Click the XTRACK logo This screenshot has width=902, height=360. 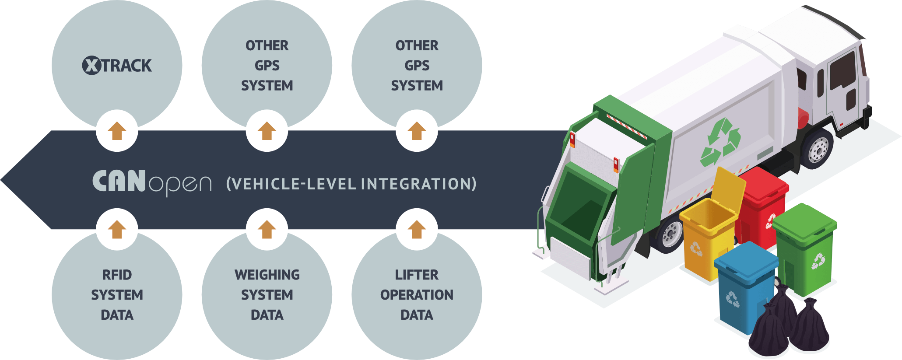(x=117, y=66)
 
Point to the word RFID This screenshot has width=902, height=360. (x=117, y=275)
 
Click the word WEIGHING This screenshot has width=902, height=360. (x=267, y=275)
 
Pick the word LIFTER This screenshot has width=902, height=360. (x=417, y=275)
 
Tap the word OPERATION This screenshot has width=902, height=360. (x=417, y=295)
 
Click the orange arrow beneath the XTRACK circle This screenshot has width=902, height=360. (x=117, y=131)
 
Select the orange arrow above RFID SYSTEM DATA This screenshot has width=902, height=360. (x=117, y=229)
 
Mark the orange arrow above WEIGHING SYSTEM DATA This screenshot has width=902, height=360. (x=267, y=229)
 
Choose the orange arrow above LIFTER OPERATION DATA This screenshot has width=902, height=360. (x=417, y=229)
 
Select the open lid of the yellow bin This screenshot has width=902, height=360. (x=729, y=188)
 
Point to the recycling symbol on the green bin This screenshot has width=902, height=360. (x=818, y=261)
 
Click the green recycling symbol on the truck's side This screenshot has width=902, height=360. (x=720, y=142)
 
